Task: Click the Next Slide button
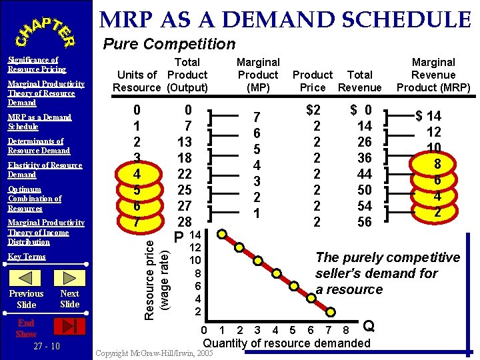coord(69,299)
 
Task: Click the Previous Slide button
coord(27,299)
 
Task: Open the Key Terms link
coord(27,257)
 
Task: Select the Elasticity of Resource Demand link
coord(44,170)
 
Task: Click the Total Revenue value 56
coord(364,222)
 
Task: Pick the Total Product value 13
coord(185,141)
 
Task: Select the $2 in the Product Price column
coord(313,109)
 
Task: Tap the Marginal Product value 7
coord(257,117)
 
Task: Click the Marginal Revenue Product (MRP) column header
coord(433,75)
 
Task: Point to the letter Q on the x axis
coord(369,326)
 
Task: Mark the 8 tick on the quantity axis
coord(345,330)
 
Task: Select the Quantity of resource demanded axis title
coord(286,343)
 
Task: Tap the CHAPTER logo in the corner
coord(45,28)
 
